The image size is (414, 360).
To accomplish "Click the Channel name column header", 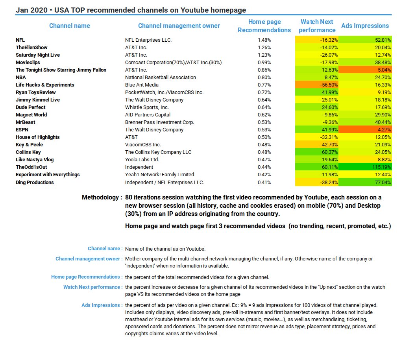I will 69,26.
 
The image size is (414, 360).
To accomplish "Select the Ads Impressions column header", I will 365,26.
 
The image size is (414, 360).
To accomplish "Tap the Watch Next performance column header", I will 317,26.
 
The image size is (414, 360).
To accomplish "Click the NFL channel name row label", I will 20,40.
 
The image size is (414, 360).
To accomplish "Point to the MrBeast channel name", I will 26,122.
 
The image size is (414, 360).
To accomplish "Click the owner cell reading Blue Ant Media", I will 142,85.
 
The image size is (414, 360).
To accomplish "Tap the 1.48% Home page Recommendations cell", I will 264,40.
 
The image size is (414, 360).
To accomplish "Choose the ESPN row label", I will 22,130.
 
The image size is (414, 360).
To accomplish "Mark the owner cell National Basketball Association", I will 160,78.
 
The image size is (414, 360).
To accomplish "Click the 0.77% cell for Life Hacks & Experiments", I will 264,85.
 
